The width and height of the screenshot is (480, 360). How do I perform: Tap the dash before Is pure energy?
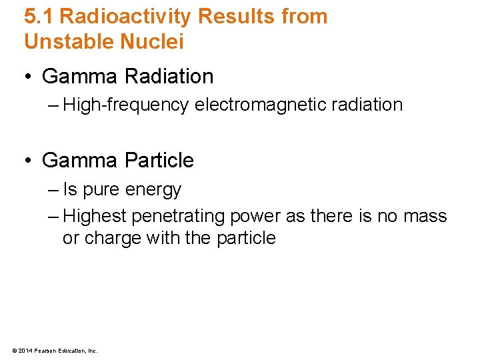click(53, 190)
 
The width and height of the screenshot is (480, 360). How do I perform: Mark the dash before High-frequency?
click(53, 105)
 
